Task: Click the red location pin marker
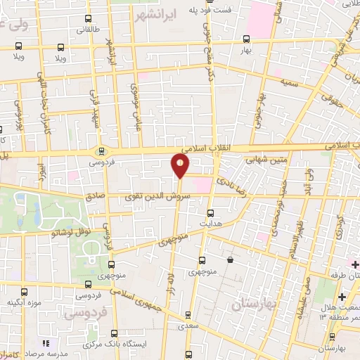(180, 166)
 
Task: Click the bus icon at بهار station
(245, 39)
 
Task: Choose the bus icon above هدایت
(210, 212)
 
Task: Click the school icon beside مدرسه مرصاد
(46, 343)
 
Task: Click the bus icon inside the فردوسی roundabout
(101, 149)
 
